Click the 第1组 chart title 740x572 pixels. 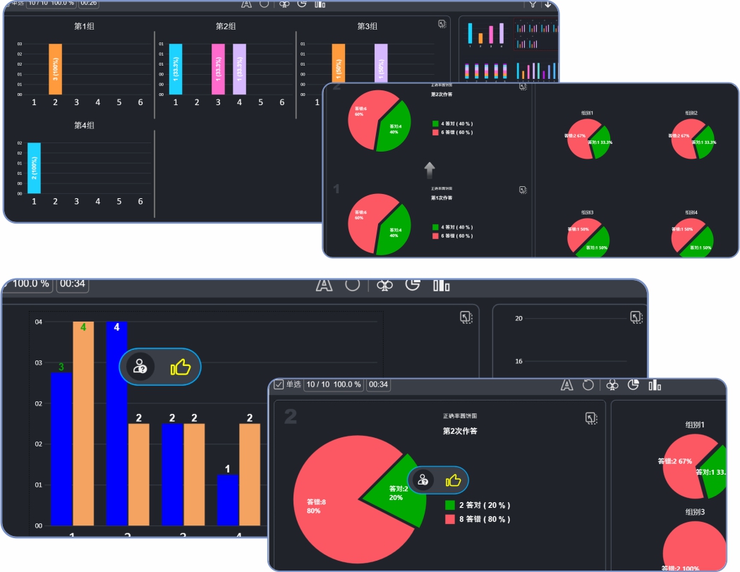[x=85, y=26]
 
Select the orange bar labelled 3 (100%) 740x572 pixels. [x=56, y=69]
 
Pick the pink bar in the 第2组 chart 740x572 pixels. [x=218, y=69]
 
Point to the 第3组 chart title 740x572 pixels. [x=367, y=26]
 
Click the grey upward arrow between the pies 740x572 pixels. [x=430, y=170]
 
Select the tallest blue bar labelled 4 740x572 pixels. [x=116, y=423]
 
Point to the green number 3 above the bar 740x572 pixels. [x=61, y=367]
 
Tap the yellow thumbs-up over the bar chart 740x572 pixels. [x=181, y=367]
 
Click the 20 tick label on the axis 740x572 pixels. [x=518, y=319]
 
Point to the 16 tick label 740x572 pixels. [x=518, y=362]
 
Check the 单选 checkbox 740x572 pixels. [x=279, y=384]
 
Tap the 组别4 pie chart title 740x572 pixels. [x=691, y=212]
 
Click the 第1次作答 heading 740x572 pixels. [x=442, y=197]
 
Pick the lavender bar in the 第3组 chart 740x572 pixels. [x=381, y=69]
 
